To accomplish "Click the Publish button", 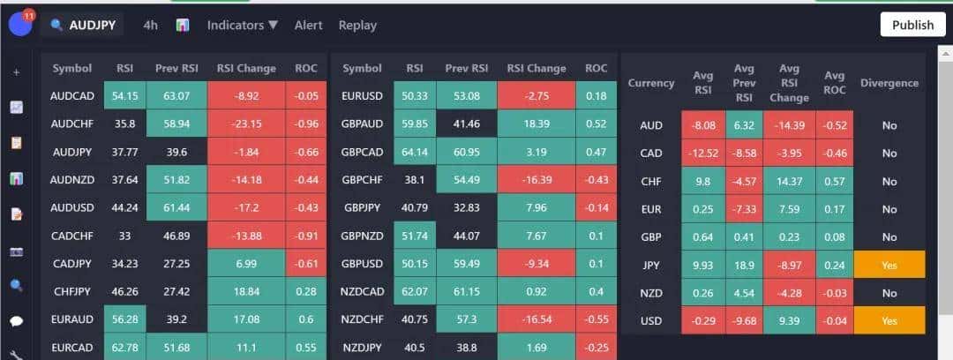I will (x=912, y=25).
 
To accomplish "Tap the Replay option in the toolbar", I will (x=357, y=25).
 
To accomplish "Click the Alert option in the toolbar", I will (x=308, y=25).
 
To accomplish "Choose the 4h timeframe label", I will (x=151, y=25).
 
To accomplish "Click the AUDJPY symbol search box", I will (x=85, y=25).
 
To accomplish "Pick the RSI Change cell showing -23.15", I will (x=246, y=124).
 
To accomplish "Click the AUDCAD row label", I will (x=72, y=95).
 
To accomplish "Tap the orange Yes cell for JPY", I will (x=889, y=265).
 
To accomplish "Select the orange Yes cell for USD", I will (x=889, y=321).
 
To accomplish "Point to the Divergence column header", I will (x=889, y=83).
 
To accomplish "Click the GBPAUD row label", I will (x=362, y=124).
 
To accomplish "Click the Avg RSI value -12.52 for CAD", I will (x=703, y=153).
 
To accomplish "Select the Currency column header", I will (x=651, y=83).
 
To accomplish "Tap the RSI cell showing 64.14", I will (x=414, y=152).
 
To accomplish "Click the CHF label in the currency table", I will (x=651, y=181).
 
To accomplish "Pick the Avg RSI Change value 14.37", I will (x=789, y=181).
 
